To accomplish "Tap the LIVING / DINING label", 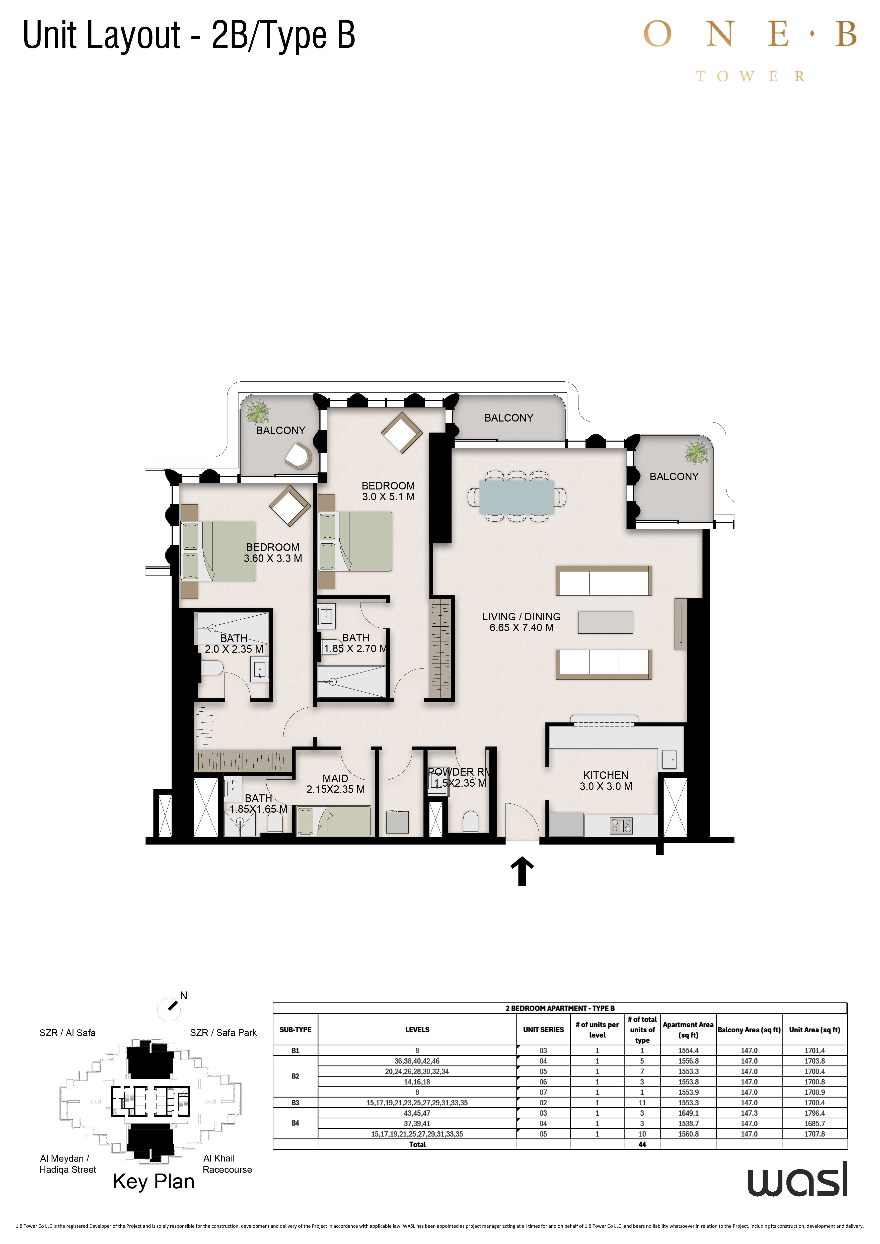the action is (521, 617).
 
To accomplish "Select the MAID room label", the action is (335, 778).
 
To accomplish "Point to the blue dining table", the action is (517, 497).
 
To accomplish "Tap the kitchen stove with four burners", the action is (621, 825).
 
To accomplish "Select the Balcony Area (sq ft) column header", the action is (749, 1029).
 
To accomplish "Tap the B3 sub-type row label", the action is (295, 1103).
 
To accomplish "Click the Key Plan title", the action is (153, 1181).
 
